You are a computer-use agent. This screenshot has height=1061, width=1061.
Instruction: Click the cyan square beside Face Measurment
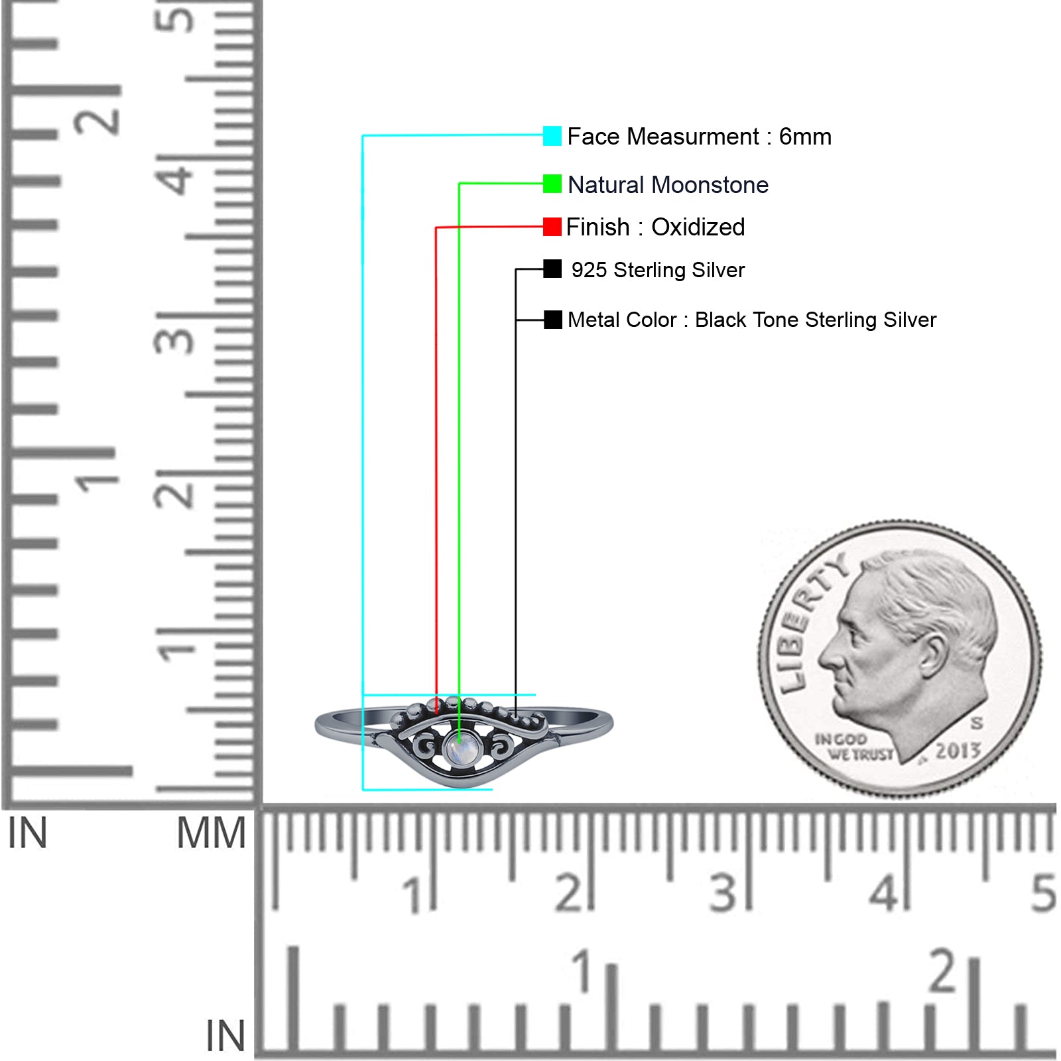pos(552,136)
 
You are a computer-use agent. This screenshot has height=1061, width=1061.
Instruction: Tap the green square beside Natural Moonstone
pos(552,184)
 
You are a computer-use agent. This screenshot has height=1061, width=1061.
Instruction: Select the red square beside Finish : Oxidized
pos(552,227)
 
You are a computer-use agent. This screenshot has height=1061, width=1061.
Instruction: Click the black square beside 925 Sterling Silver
pos(552,269)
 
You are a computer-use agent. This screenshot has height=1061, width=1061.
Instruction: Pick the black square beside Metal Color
pos(552,320)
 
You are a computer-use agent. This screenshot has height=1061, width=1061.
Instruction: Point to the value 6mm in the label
pos(805,137)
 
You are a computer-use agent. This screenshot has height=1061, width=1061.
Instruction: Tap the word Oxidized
pos(698,227)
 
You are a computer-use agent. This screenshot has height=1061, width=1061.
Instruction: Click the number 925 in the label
pos(589,270)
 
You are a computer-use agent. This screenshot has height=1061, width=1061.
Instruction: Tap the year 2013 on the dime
pos(958,751)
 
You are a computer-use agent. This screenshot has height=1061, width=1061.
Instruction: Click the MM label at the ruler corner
pos(211,834)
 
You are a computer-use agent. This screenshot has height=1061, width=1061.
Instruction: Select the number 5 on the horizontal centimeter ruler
pos(1043,893)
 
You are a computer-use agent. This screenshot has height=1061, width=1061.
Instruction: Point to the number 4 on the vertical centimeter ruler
pos(176,179)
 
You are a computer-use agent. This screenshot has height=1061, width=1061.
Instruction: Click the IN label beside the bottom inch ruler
pos(225,1036)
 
